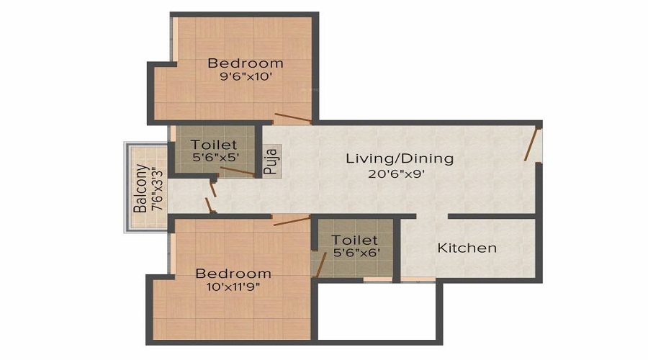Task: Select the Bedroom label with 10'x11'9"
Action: pyautogui.click(x=233, y=274)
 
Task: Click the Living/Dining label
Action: pyautogui.click(x=399, y=158)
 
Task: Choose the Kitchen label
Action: pyautogui.click(x=467, y=248)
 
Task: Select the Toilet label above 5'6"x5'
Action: pyautogui.click(x=214, y=145)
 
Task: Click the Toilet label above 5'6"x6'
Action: pyautogui.click(x=354, y=240)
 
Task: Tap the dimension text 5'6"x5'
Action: pyautogui.click(x=214, y=157)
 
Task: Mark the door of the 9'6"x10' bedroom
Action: pyautogui.click(x=292, y=118)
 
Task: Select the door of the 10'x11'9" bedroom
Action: pyautogui.click(x=292, y=220)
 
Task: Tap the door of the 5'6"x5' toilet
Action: pyautogui.click(x=237, y=171)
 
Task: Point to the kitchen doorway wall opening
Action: pyautogui.click(x=432, y=216)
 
